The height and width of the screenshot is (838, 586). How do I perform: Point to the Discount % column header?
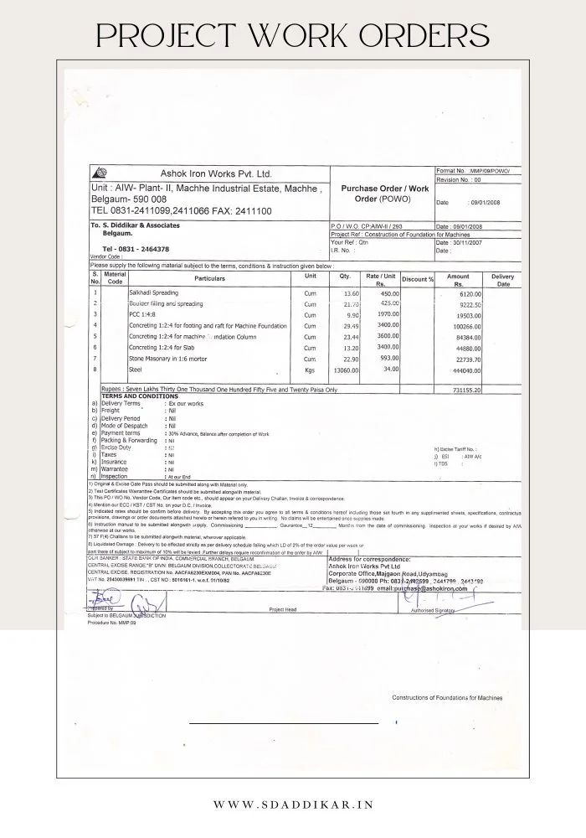[x=418, y=278]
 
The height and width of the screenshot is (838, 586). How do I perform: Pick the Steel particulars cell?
[x=135, y=369]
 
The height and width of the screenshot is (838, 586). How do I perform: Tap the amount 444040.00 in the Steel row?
[x=465, y=370]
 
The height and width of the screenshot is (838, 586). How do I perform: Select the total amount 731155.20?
[x=464, y=391]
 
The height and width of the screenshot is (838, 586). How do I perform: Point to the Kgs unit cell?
[x=310, y=370]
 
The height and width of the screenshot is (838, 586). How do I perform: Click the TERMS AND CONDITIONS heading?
[x=136, y=396]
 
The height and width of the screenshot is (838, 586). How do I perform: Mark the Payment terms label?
[x=122, y=433]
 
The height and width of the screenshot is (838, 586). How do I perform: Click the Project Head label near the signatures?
[x=283, y=610]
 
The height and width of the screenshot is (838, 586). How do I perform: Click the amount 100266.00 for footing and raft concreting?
[x=465, y=325]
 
